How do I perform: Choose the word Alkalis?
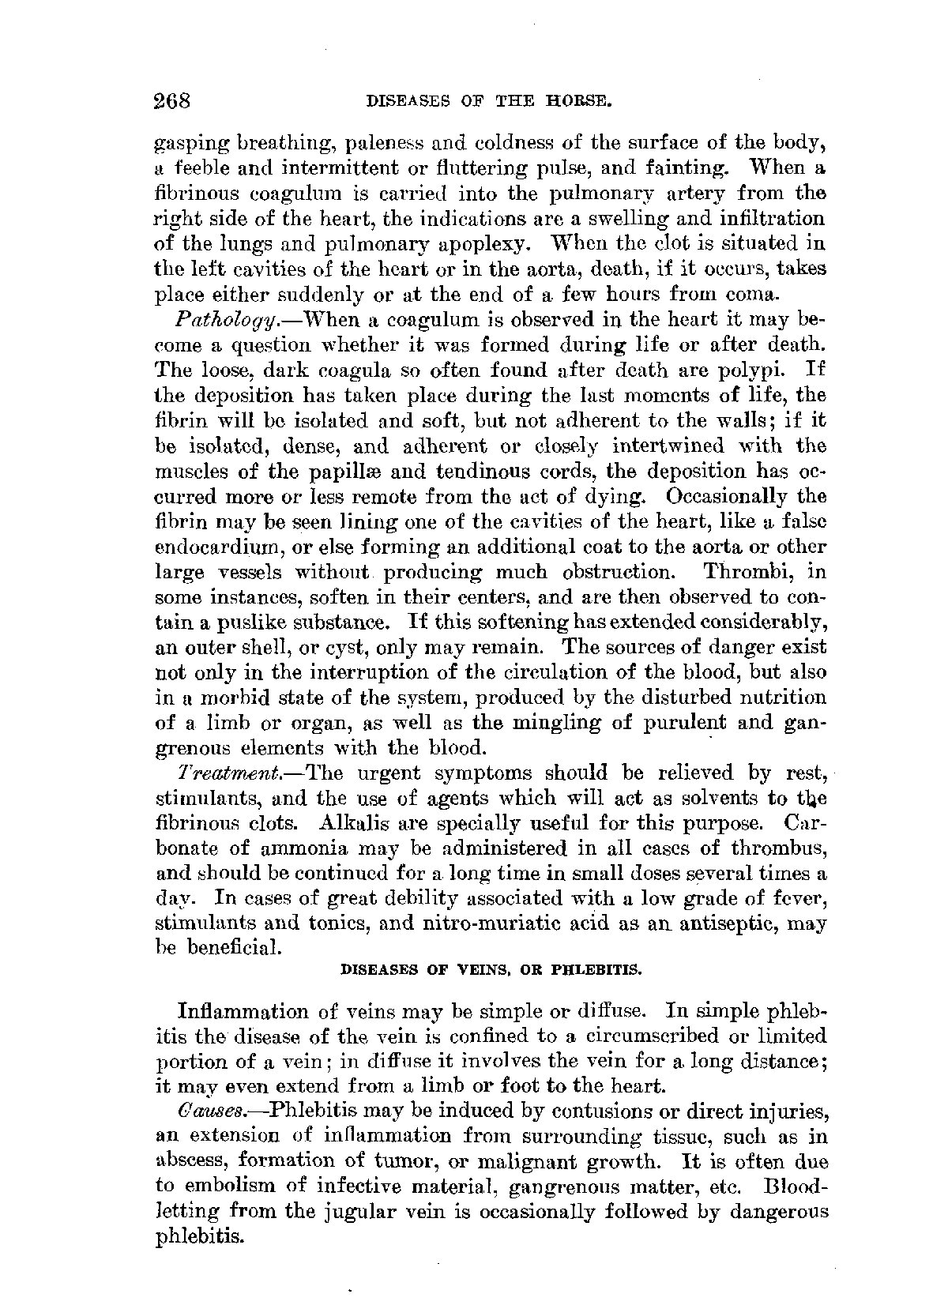[x=353, y=822]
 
